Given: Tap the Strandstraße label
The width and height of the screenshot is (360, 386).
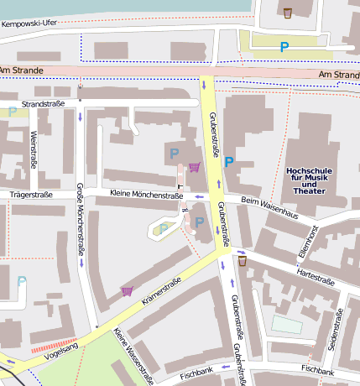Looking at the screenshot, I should pos(43,104).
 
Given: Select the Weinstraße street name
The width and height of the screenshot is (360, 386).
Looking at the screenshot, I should pos(33,149).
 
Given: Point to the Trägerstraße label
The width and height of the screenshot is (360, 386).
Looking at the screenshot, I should pos(31,195).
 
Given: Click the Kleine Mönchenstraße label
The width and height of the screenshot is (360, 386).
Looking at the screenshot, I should pos(146,196).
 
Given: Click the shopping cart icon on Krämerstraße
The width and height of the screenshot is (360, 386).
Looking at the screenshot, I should pos(128,291).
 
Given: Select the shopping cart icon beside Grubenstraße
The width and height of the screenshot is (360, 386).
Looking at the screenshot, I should pos(195,167).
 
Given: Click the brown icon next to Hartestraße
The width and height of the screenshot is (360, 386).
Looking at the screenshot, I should pos(243,262).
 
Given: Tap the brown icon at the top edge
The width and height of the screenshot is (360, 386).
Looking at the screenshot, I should pos(288,13).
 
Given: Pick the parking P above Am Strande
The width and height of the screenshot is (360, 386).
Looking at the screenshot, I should pos(284,48).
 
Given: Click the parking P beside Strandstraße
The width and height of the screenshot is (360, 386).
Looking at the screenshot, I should pos(12,111).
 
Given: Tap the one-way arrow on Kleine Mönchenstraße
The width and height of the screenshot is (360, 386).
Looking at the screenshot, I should pos(200,197).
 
